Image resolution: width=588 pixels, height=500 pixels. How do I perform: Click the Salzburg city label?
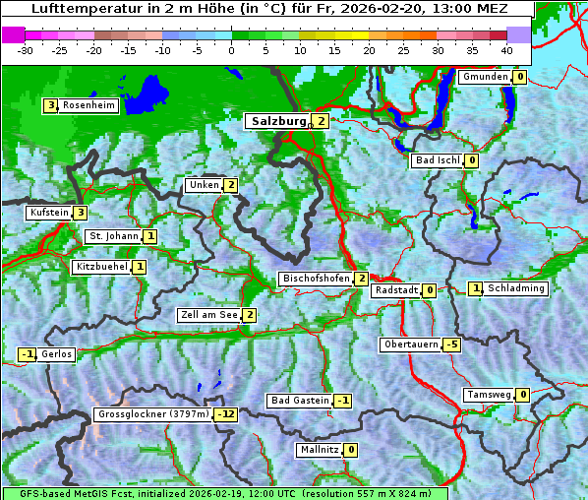point(278,121)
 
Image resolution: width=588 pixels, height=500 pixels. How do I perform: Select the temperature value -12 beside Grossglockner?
point(226,414)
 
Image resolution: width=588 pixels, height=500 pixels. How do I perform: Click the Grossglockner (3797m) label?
point(153,414)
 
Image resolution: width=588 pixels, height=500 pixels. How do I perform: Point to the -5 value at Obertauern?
point(451,344)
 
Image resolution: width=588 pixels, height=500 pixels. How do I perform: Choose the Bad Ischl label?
point(437,160)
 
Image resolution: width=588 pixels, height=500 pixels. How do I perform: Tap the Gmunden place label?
point(485,77)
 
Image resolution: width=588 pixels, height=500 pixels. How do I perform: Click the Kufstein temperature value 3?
point(80,213)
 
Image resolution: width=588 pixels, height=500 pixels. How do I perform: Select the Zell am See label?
point(209,315)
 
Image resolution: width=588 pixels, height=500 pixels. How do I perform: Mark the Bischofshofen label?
point(316,279)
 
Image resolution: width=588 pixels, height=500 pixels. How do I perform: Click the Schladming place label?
point(516,288)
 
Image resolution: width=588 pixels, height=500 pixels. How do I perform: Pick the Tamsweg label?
point(489,395)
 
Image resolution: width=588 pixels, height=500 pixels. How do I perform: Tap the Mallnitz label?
point(319,450)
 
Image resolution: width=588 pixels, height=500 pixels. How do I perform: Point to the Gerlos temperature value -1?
point(28,354)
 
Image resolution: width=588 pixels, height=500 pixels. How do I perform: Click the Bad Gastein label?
point(300,401)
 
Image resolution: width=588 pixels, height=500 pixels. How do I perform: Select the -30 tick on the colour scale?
point(26,49)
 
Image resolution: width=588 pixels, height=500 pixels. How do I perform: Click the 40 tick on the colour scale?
point(506,49)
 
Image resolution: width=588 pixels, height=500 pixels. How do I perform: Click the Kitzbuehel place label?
point(101,267)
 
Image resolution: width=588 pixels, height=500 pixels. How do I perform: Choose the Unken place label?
point(204,185)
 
